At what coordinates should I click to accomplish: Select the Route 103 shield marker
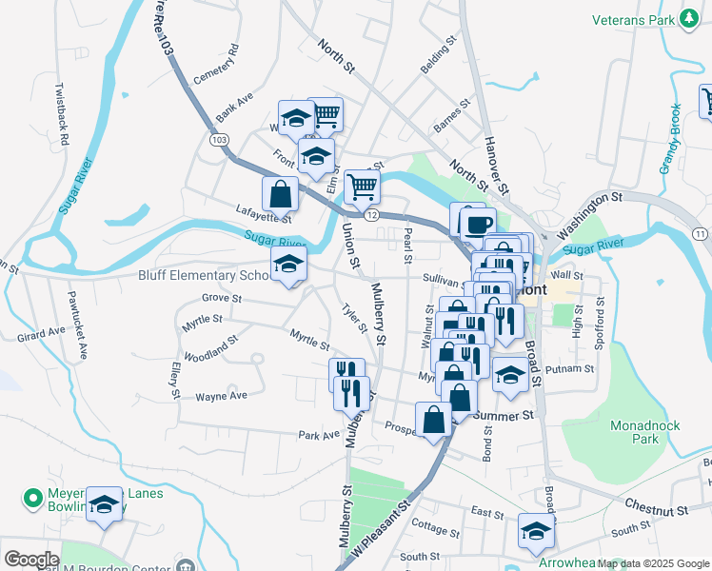pos(220,139)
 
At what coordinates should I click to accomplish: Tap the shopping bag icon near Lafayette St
pos(282,193)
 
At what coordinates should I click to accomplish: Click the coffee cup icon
pos(477,225)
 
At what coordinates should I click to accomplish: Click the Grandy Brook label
pos(670,139)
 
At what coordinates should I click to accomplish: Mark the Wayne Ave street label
pos(221,395)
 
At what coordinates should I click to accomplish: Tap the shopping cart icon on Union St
pos(362,186)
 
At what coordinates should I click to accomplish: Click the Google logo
pos(31,560)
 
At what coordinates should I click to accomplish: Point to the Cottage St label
pos(436,527)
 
